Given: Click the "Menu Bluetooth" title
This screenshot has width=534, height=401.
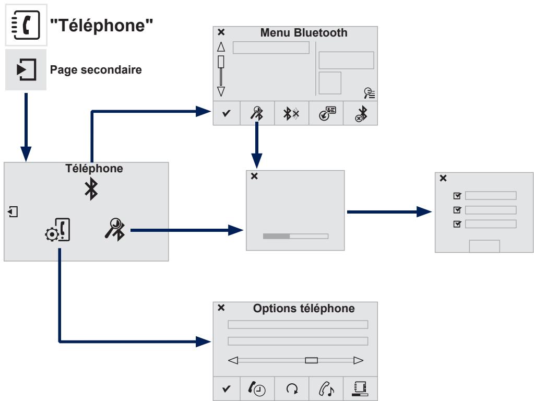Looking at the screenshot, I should [x=303, y=33].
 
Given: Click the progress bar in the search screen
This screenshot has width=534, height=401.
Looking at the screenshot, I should [x=295, y=236].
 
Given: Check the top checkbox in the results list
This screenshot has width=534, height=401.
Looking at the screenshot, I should [x=457, y=196].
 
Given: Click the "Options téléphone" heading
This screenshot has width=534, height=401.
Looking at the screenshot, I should [x=304, y=309].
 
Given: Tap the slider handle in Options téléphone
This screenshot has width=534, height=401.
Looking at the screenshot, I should [x=311, y=360].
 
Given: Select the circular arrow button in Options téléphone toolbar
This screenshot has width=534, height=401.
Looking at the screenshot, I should [x=292, y=388].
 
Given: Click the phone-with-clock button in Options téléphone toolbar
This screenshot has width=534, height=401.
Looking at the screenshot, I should [x=257, y=388].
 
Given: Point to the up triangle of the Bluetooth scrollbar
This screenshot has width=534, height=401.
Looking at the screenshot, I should [x=221, y=48].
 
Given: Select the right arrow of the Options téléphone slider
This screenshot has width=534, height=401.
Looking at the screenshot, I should [x=358, y=360].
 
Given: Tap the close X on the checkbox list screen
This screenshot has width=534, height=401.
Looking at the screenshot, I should [x=443, y=179].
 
